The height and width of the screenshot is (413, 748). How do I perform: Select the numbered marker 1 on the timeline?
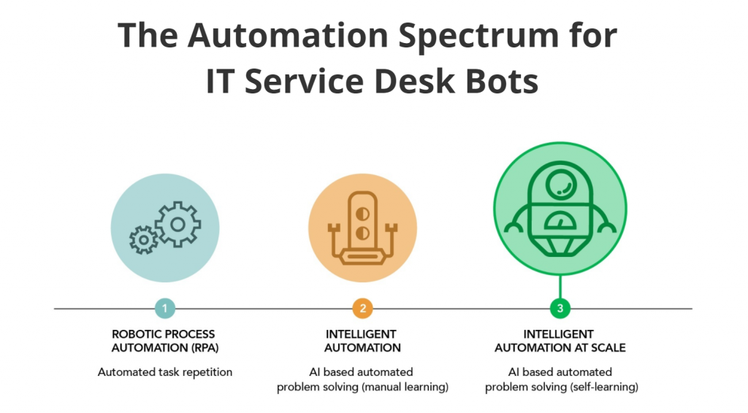(x=164, y=309)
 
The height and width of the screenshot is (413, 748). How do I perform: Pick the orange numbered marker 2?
(x=362, y=309)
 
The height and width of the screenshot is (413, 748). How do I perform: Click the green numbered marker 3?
(x=560, y=309)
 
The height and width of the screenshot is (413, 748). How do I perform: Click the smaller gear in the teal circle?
(x=143, y=239)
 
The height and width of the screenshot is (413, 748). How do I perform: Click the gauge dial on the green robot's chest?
(x=560, y=220)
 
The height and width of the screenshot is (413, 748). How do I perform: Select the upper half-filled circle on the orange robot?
(x=362, y=212)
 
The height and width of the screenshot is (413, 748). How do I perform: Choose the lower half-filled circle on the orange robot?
(x=362, y=233)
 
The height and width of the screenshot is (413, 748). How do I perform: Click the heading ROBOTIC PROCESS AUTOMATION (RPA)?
(x=164, y=341)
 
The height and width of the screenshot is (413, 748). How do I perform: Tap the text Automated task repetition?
(x=164, y=372)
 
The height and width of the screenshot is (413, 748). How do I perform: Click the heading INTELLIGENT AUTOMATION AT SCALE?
(x=560, y=341)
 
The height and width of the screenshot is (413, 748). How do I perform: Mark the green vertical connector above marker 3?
(x=560, y=287)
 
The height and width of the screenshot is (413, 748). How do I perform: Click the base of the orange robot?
(x=362, y=256)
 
